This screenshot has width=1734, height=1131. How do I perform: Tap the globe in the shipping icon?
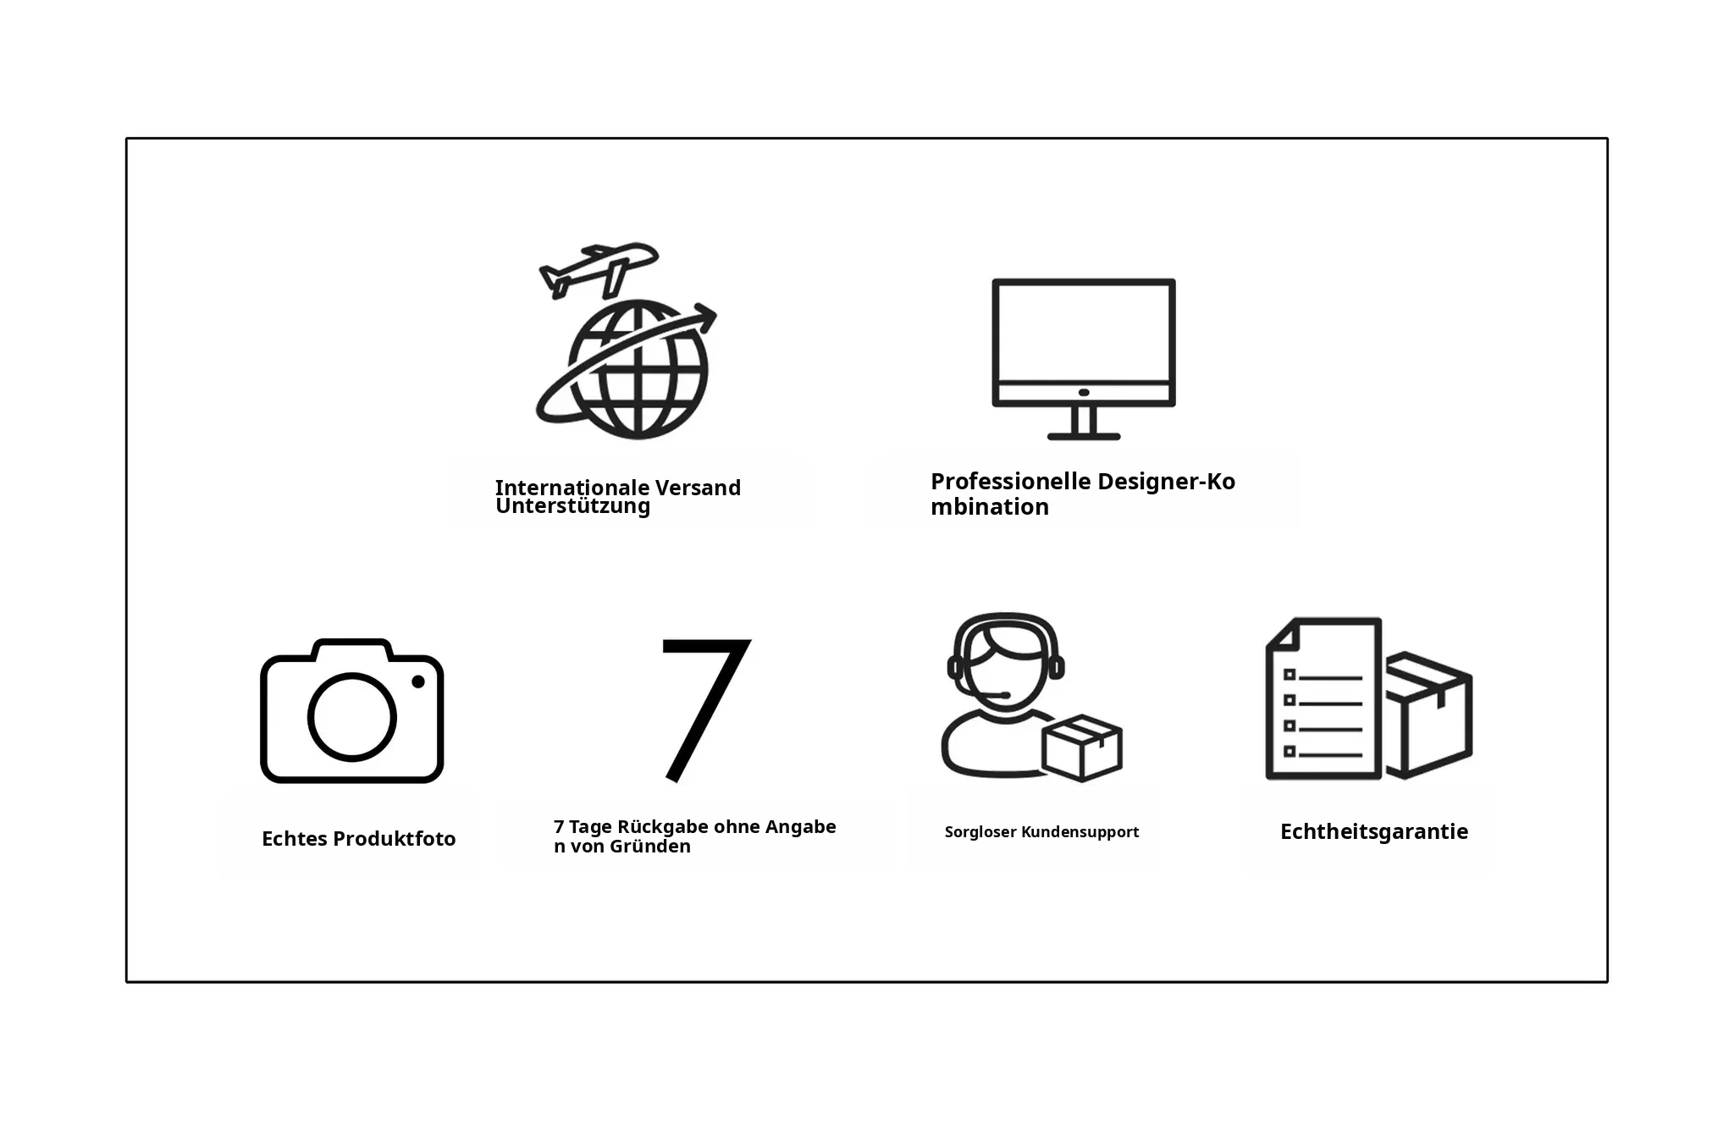(x=638, y=370)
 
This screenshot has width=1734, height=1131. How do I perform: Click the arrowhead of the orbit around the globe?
(x=704, y=318)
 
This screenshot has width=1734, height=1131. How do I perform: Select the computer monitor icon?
(x=1084, y=359)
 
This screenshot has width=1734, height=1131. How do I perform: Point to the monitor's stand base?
(x=1084, y=436)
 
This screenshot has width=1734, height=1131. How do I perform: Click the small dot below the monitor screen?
(x=1084, y=393)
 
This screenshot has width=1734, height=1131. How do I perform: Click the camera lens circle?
(x=352, y=717)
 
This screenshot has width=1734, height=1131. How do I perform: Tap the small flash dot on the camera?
(x=418, y=681)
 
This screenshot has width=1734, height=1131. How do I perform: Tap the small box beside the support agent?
(x=1082, y=748)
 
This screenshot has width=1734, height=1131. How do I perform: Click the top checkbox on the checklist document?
(x=1289, y=675)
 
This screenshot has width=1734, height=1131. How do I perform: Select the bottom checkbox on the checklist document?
(x=1289, y=751)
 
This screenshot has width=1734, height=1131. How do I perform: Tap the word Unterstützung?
(x=573, y=506)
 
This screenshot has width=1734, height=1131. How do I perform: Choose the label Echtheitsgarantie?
(x=1374, y=832)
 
